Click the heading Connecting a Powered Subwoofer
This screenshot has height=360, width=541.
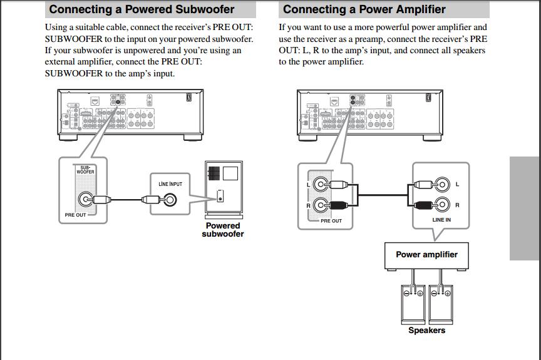[142, 9]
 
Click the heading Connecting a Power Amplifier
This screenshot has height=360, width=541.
[364, 9]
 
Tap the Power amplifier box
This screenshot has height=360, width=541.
[426, 255]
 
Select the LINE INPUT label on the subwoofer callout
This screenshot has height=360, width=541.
[170, 184]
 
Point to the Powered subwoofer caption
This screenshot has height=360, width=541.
[223, 230]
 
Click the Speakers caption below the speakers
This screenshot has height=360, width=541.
[426, 331]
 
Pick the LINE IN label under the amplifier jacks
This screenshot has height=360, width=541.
[441, 220]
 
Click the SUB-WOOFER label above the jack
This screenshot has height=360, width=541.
[85, 169]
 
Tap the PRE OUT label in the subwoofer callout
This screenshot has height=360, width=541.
[75, 215]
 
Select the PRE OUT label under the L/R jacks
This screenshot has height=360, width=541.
[331, 220]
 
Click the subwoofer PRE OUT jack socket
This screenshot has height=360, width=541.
[85, 200]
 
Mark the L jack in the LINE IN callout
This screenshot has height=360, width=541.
[442, 185]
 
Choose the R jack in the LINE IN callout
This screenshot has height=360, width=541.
[442, 205]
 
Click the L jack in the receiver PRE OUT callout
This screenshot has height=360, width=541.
[320, 185]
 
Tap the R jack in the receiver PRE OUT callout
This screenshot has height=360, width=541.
[320, 205]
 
